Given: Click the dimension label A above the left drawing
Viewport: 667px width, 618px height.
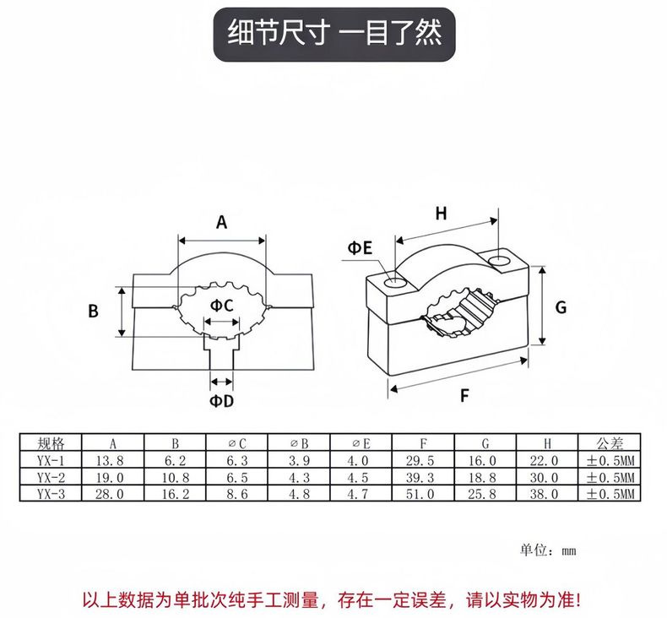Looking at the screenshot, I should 222,222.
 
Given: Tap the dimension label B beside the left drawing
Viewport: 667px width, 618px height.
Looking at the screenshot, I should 94,311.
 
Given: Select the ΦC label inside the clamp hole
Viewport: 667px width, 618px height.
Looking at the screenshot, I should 221,304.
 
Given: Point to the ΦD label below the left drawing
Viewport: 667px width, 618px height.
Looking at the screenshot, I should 221,400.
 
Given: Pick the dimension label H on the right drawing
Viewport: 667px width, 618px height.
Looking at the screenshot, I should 441,213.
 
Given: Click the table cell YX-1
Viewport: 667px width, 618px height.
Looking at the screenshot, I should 52,460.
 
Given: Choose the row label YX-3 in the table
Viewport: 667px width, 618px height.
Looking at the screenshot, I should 52,494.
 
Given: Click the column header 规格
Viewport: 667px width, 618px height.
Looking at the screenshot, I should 52,443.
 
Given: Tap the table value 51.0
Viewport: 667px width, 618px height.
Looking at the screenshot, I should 424,494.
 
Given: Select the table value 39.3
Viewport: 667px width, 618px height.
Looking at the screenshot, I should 424,477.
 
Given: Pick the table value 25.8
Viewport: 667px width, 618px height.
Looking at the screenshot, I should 485,494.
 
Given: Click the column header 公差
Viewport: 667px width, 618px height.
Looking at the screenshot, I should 609,443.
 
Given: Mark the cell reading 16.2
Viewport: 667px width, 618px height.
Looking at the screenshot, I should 176,494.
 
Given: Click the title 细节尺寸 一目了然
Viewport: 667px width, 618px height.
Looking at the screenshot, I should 334,33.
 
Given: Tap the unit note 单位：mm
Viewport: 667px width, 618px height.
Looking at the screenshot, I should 548,550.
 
